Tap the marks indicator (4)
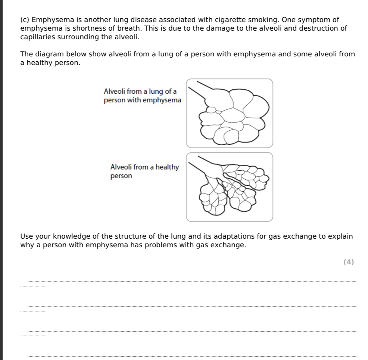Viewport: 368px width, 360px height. [x=348, y=262]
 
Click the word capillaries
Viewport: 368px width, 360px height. [x=38, y=37]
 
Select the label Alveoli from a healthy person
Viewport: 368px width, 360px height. [x=144, y=171]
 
